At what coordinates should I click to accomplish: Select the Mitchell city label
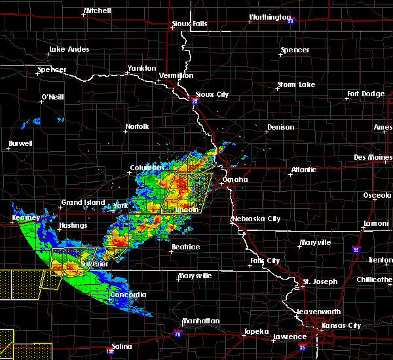pos(97,12)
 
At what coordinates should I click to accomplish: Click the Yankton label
pos(141,68)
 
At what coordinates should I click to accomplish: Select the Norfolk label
pos(138,126)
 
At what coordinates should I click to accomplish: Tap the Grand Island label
pos(83,202)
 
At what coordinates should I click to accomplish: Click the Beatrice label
pos(185,247)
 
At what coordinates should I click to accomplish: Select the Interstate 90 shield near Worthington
pos(290,20)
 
